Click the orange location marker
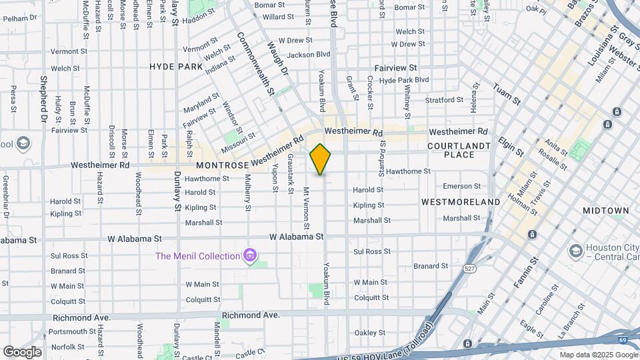point(321,159)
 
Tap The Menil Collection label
point(197,256)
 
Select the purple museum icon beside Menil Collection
point(250,255)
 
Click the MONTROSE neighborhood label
point(222,165)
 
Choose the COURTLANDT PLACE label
point(460,150)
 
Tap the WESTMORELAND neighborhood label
point(461,201)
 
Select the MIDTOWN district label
point(605,211)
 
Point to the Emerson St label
point(462,186)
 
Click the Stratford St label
point(445,100)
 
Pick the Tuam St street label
point(507,93)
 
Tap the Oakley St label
point(370,333)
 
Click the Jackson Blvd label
point(309,55)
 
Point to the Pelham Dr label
point(19,18)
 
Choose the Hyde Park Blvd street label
point(403,80)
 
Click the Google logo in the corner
point(22,351)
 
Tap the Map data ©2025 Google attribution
point(597,355)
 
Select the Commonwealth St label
point(256,64)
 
